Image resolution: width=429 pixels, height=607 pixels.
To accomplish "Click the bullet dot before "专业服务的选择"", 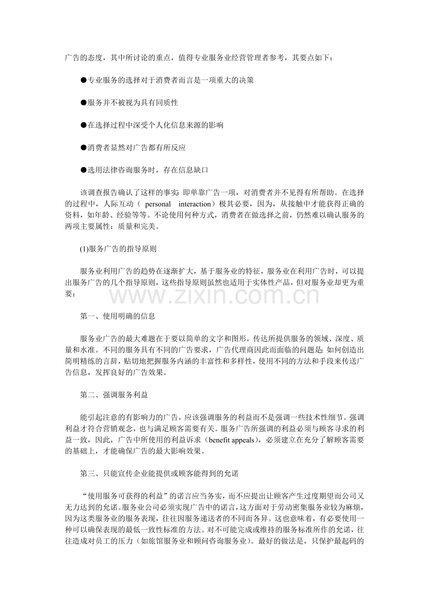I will click(83, 80).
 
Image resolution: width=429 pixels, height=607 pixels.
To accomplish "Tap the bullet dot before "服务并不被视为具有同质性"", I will click(83, 103).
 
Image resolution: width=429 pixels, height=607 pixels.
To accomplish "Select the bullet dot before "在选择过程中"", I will click(83, 125).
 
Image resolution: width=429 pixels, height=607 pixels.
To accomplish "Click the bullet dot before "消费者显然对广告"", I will click(83, 148).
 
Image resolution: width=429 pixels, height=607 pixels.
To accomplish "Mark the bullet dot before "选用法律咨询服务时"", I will click(83, 170).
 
